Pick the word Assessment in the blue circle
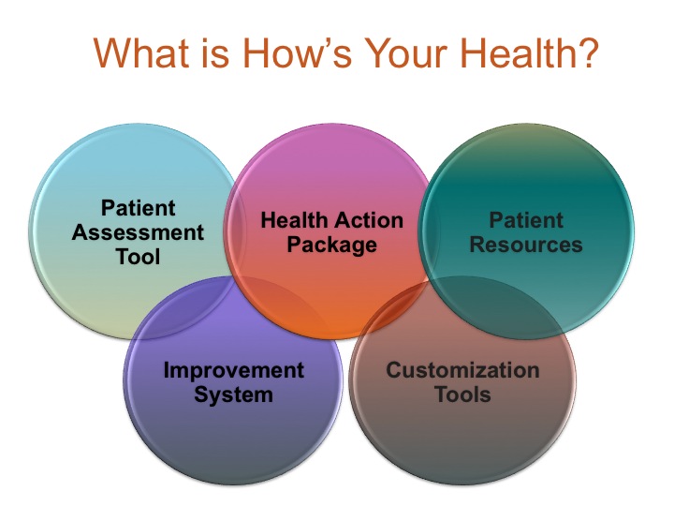[139, 231]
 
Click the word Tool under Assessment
[139, 255]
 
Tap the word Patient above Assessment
[139, 208]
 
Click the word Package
[331, 246]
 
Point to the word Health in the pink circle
[293, 221]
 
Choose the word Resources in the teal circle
[526, 246]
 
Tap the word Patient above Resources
[526, 221]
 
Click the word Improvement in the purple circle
[234, 369]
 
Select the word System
[234, 394]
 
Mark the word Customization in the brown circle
[462, 369]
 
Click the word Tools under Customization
[462, 394]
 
